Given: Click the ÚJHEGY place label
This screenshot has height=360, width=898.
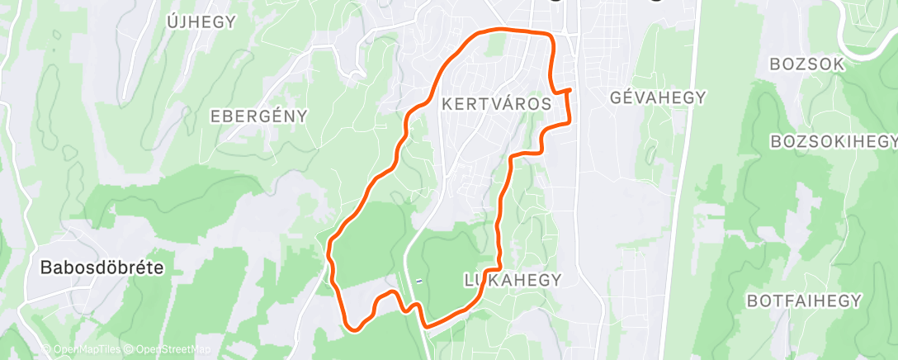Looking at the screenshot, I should tap(201, 22).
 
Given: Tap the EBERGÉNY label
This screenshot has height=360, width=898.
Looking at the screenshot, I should tap(259, 116).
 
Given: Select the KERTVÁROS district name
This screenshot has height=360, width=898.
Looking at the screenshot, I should tap(497, 104).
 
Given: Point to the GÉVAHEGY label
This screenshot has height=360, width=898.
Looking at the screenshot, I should tap(658, 97).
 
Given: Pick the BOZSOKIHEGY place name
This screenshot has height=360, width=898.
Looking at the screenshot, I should tap(834, 142).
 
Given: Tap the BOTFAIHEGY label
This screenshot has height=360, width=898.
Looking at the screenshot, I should tap(805, 301).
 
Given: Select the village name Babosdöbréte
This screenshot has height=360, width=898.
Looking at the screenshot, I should tap(102, 268).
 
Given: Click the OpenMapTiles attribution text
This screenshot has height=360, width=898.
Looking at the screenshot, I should tap(86, 350).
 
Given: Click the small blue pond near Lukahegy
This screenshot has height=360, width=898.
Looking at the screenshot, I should tap(419, 282).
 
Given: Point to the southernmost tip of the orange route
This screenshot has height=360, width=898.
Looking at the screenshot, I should tap(355, 330).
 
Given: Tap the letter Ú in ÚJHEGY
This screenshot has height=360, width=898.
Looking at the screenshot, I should tap(172, 21).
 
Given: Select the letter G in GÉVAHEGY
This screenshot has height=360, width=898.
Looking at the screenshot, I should tap(616, 97).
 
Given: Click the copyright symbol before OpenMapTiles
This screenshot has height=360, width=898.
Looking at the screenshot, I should tap(46, 350).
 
